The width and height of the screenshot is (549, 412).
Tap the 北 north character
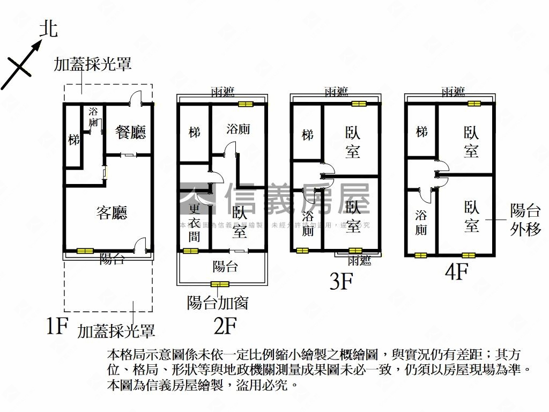coord(49,30)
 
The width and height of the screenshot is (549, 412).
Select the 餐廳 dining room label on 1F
coord(130,132)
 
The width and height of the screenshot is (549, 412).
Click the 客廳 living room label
coord(112,213)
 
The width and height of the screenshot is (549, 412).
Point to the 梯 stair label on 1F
coord(74,140)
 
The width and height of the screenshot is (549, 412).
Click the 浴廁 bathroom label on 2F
coord(238,129)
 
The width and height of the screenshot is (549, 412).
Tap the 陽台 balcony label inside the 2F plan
coord(225,266)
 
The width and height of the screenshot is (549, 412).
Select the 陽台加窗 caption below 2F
coord(218,303)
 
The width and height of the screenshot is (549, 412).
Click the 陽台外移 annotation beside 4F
coord(525,219)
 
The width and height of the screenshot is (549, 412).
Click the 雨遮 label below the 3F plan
coord(359,261)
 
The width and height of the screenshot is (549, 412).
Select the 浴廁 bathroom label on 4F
coord(421,223)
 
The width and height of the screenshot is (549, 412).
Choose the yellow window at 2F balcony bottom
coord(220,284)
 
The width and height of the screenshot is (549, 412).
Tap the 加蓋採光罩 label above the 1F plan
coord(93,65)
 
